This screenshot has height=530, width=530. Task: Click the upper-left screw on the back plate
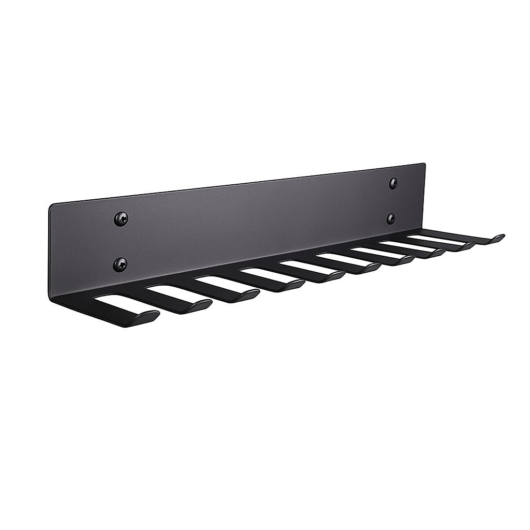pyautogui.click(x=121, y=219)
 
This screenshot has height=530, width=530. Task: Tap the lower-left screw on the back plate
pyautogui.click(x=120, y=264)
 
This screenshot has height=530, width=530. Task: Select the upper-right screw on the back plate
pyautogui.click(x=393, y=183)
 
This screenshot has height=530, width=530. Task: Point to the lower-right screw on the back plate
pyautogui.click(x=391, y=218)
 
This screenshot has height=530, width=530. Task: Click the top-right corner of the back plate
pyautogui.click(x=424, y=165)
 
